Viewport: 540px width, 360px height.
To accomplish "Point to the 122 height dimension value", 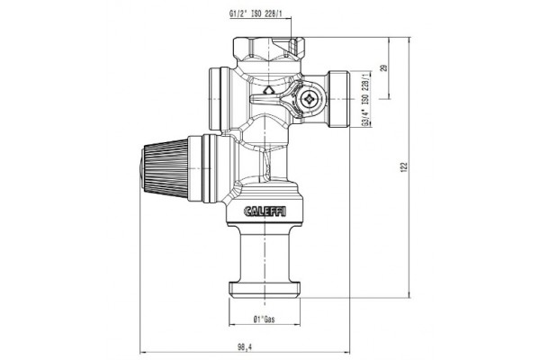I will click(x=405, y=167).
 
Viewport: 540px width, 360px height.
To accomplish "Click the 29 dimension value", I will click(x=384, y=68).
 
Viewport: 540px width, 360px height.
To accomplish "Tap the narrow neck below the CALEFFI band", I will click(x=268, y=252).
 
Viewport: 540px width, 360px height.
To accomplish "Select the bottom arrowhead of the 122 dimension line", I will click(x=411, y=295).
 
